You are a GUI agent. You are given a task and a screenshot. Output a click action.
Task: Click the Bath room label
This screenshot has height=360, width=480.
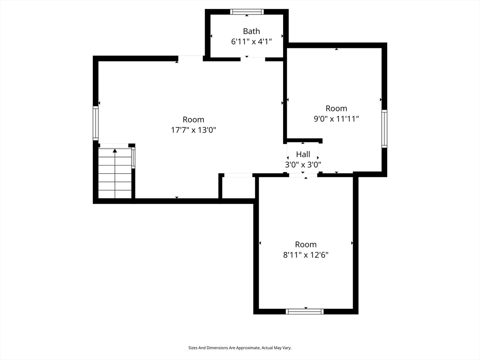(251, 31)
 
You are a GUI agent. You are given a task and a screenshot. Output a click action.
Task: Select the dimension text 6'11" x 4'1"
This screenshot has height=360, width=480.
(251, 42)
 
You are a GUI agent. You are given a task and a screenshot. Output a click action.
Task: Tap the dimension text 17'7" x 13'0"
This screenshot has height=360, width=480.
(194, 130)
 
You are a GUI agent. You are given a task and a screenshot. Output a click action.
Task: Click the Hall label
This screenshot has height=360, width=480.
(303, 154)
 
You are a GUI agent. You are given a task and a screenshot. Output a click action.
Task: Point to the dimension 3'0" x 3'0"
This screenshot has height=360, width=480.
(303, 165)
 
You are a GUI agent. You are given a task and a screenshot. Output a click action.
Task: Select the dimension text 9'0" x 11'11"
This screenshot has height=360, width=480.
(336, 119)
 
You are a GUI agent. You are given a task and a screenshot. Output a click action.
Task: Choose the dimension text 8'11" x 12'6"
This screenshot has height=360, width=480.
(306, 255)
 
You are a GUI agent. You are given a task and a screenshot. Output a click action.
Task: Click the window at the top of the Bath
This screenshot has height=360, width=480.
(247, 12)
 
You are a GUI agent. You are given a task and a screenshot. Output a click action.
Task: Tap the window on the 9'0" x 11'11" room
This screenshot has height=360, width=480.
(384, 128)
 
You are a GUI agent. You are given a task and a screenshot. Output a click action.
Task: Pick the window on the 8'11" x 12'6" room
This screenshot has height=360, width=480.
(305, 311)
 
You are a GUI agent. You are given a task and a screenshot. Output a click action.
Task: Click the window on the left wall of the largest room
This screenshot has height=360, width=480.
(96, 123)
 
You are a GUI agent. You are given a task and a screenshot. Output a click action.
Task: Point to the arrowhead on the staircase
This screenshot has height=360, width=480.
(115, 150)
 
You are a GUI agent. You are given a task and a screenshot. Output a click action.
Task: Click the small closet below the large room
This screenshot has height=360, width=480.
(239, 187)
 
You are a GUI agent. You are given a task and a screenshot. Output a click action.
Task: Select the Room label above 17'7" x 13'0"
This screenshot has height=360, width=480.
(194, 120)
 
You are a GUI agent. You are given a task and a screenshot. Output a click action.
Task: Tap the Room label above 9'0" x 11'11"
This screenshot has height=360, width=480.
(336, 108)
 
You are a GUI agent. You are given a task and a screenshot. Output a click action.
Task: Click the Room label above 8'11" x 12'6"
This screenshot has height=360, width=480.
(306, 245)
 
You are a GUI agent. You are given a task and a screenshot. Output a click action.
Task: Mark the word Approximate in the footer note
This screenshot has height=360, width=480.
(248, 348)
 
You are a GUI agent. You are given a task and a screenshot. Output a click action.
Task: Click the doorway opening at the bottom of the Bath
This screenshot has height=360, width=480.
(253, 59)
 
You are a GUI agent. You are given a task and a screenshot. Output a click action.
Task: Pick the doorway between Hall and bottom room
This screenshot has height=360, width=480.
(303, 175)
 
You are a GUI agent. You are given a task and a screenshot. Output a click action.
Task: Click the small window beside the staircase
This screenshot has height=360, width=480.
(133, 157)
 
